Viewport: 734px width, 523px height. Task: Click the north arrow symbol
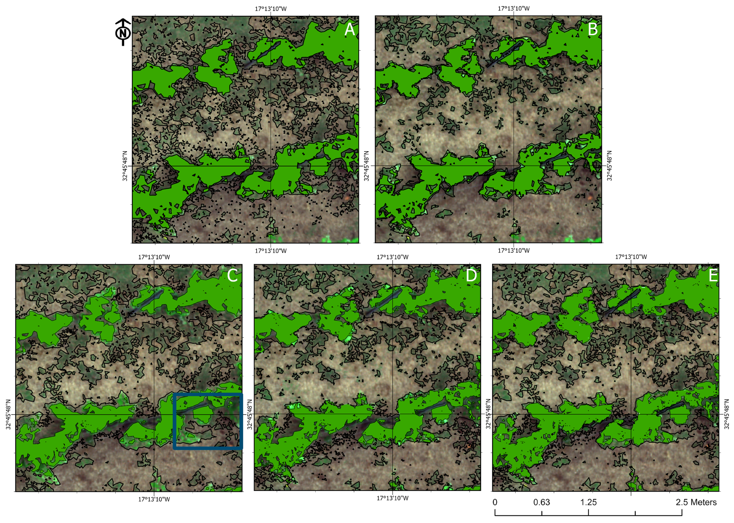(123, 32)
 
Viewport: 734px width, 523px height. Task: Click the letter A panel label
(349, 30)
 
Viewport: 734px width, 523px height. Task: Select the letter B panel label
(592, 29)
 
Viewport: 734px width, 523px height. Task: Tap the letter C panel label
(232, 275)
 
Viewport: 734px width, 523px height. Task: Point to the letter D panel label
(471, 276)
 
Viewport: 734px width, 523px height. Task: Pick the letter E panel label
(713, 276)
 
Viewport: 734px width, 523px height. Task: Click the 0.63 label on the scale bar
(542, 502)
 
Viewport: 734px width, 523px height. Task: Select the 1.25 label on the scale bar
(588, 502)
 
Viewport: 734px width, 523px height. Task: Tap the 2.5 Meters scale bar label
(696, 502)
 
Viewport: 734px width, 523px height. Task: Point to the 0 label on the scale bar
(495, 502)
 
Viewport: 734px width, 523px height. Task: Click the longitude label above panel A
(271, 9)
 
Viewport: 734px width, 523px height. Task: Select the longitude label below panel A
(271, 251)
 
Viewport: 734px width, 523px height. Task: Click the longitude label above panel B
(514, 8)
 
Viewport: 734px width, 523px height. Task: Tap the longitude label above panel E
(631, 257)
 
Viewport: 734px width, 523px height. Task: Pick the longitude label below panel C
(154, 500)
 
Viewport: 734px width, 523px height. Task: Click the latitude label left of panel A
(125, 166)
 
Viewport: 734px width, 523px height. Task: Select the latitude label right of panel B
(609, 166)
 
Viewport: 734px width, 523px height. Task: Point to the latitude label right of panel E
(727, 414)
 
